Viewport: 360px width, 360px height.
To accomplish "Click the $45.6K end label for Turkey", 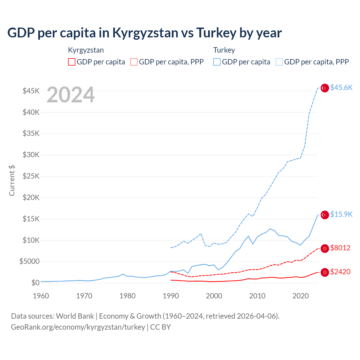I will [x=341, y=87].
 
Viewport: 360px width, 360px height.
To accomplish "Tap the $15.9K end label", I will [x=341, y=214].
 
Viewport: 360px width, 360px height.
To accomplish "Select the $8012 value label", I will [x=340, y=248].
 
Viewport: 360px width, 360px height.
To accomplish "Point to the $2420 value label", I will [x=340, y=272].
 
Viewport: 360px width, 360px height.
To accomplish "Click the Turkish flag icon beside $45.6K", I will [x=325, y=88].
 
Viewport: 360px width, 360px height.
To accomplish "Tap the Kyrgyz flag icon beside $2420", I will [x=325, y=272].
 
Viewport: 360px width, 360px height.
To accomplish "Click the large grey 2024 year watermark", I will [x=71, y=95].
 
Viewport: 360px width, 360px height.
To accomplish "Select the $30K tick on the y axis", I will [x=31, y=155].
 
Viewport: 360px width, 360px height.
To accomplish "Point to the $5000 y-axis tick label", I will [x=29, y=261].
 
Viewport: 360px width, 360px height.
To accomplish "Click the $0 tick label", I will [x=35, y=283].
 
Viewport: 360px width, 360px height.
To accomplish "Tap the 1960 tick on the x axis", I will [x=41, y=296].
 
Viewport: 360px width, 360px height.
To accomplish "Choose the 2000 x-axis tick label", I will [x=214, y=296].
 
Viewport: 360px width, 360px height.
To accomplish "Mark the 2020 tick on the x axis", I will [x=301, y=296].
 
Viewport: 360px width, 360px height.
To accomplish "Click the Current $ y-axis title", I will [x=12, y=181].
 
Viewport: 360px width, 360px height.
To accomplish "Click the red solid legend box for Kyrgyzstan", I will [x=72, y=62].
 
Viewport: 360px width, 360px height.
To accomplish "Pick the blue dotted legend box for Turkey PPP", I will [x=279, y=62].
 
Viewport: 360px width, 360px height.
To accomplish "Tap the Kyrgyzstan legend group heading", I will [x=86, y=50].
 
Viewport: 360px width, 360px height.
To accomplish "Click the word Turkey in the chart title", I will [x=216, y=33].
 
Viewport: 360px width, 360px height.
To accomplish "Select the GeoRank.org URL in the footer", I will [x=78, y=327].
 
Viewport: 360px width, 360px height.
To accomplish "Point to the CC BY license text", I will [x=161, y=327].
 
